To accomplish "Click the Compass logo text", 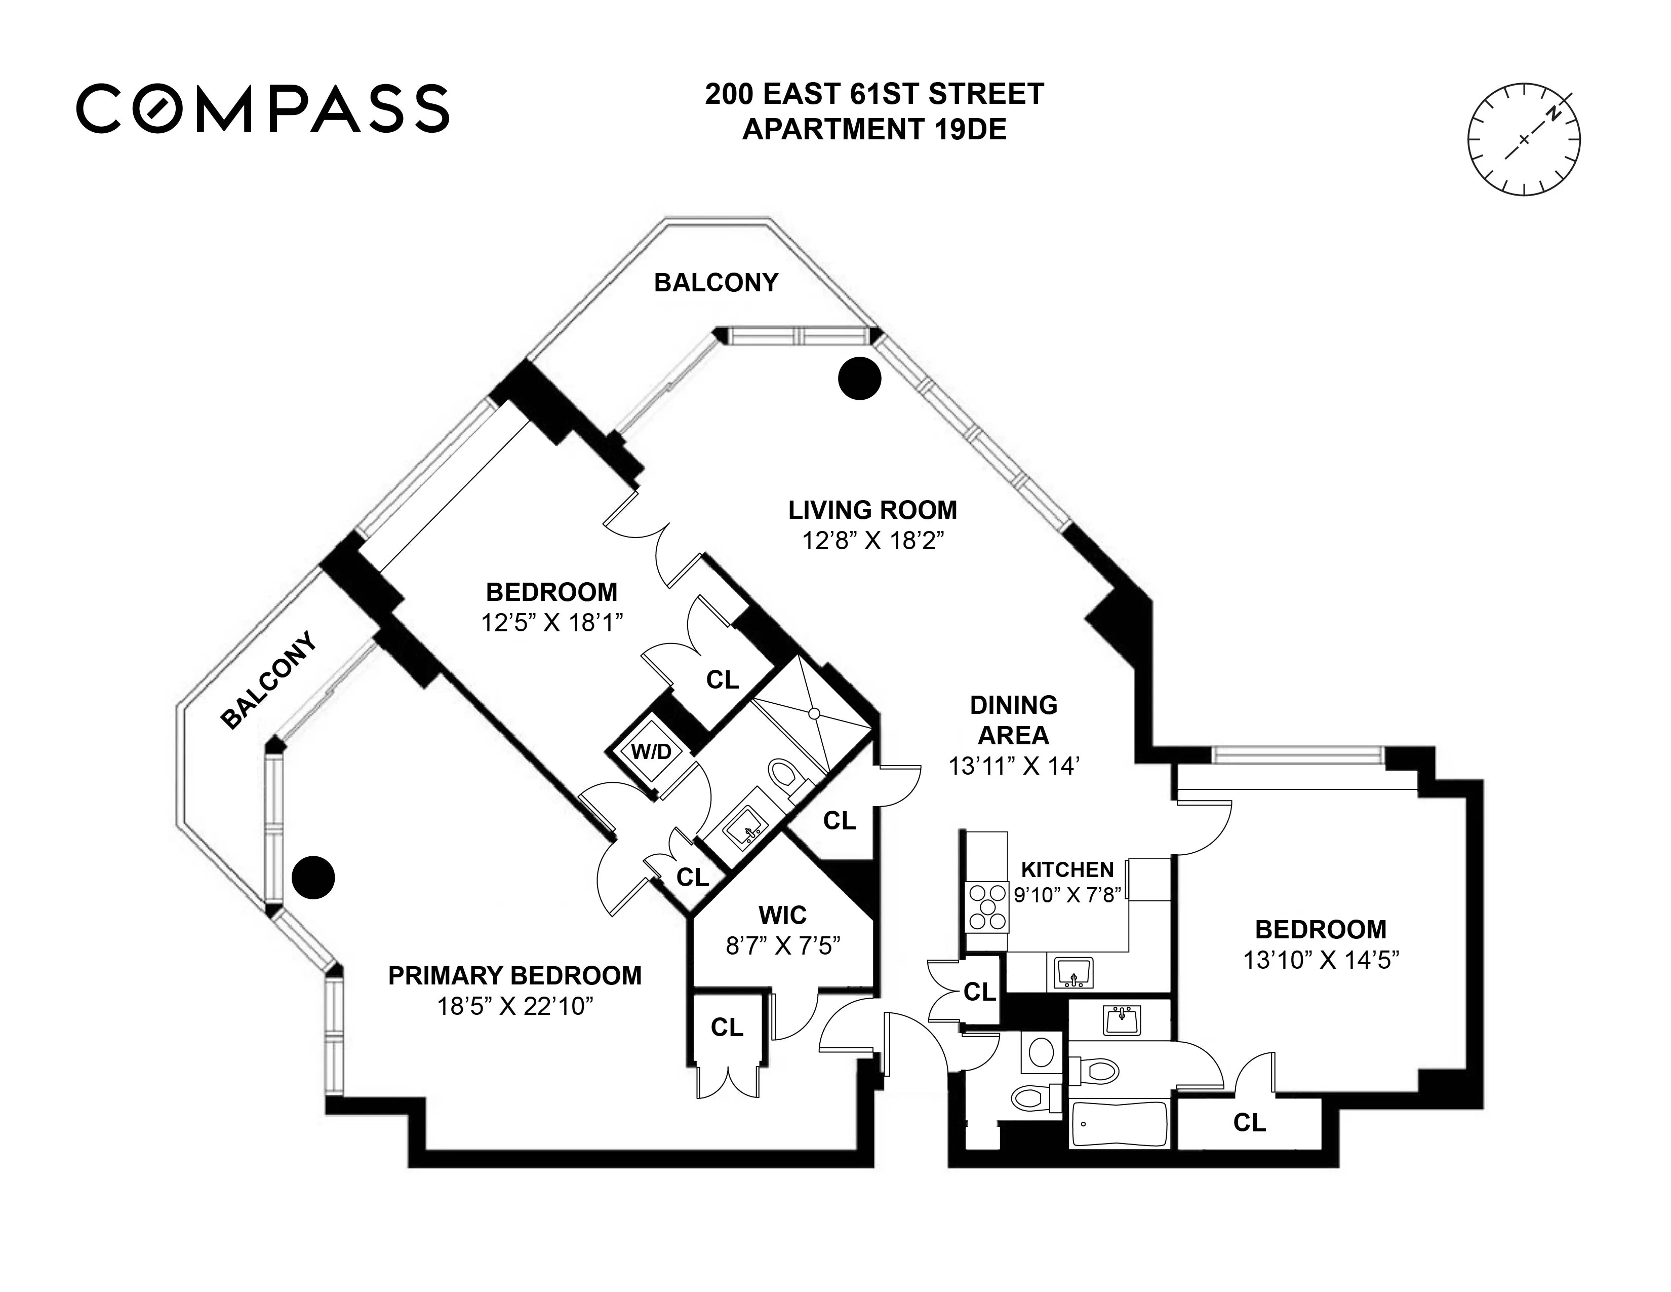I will (262, 109).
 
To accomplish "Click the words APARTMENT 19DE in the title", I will (874, 129).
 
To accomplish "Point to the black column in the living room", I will (859, 378).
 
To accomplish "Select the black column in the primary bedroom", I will (314, 877).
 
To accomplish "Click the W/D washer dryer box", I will (651, 751).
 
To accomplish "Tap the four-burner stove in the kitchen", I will (987, 908).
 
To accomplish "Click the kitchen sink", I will (1075, 973).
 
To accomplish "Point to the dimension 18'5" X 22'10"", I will (515, 1005).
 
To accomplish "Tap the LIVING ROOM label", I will (872, 510).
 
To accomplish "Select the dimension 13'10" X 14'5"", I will (1321, 959).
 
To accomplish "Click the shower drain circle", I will (814, 713).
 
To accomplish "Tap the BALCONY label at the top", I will (715, 282).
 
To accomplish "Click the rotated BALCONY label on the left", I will (268, 679).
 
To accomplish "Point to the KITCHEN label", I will (1067, 869).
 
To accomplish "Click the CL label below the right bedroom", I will (1249, 1123).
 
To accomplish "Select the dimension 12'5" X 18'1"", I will (551, 622).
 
